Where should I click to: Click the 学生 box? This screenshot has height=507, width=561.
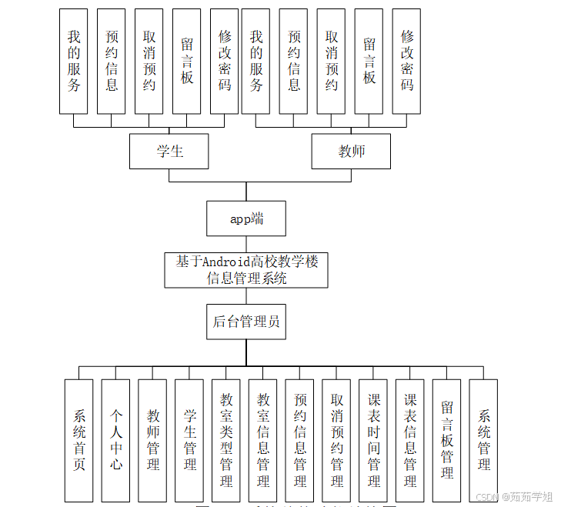coord(169,151)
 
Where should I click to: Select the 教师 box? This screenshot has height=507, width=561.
coord(351,151)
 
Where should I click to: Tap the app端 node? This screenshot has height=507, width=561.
coord(246,218)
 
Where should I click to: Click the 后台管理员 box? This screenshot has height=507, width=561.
coord(246,322)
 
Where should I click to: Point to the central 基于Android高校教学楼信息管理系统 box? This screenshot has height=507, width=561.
coord(246,270)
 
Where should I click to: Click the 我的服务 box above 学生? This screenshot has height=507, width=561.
coord(74,61)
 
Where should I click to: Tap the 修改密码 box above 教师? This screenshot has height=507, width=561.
coord(407,61)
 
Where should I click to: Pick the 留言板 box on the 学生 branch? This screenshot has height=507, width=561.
coord(187,61)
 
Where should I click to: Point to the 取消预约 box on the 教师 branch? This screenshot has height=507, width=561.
coord(332,61)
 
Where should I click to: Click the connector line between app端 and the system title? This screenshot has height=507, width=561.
coord(246,244)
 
